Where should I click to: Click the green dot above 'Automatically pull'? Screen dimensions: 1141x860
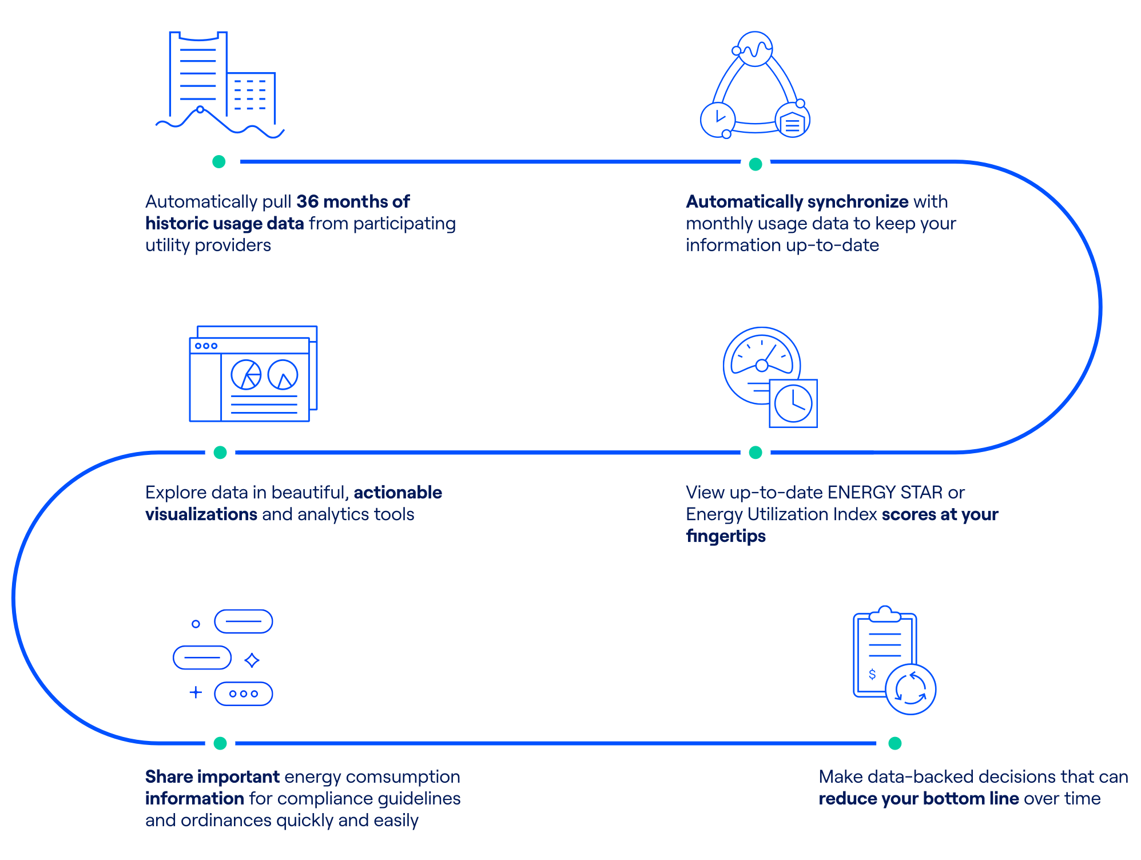point(218,161)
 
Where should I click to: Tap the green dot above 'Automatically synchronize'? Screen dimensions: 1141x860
point(755,164)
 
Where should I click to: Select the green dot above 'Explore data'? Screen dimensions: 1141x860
point(220,453)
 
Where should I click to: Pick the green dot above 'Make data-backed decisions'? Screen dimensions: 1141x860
point(895,743)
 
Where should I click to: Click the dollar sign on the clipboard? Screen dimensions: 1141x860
point(872,674)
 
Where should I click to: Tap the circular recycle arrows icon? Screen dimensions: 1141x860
point(911,689)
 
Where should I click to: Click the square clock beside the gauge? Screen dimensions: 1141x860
point(793,403)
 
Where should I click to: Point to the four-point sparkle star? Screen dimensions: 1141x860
point(252,660)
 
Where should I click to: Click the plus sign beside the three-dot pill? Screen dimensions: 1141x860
point(196,692)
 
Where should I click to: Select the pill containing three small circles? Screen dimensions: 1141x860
point(244,693)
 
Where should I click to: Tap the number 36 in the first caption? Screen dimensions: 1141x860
point(307,201)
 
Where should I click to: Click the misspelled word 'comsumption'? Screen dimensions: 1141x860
point(403,777)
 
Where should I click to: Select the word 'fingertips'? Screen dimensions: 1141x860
point(726,536)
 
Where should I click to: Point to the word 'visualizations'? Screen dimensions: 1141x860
point(201,514)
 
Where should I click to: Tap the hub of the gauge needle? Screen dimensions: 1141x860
point(762,365)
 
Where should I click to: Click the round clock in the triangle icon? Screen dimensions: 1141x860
point(718,120)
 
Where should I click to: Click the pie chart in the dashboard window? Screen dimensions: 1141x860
point(246,375)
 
